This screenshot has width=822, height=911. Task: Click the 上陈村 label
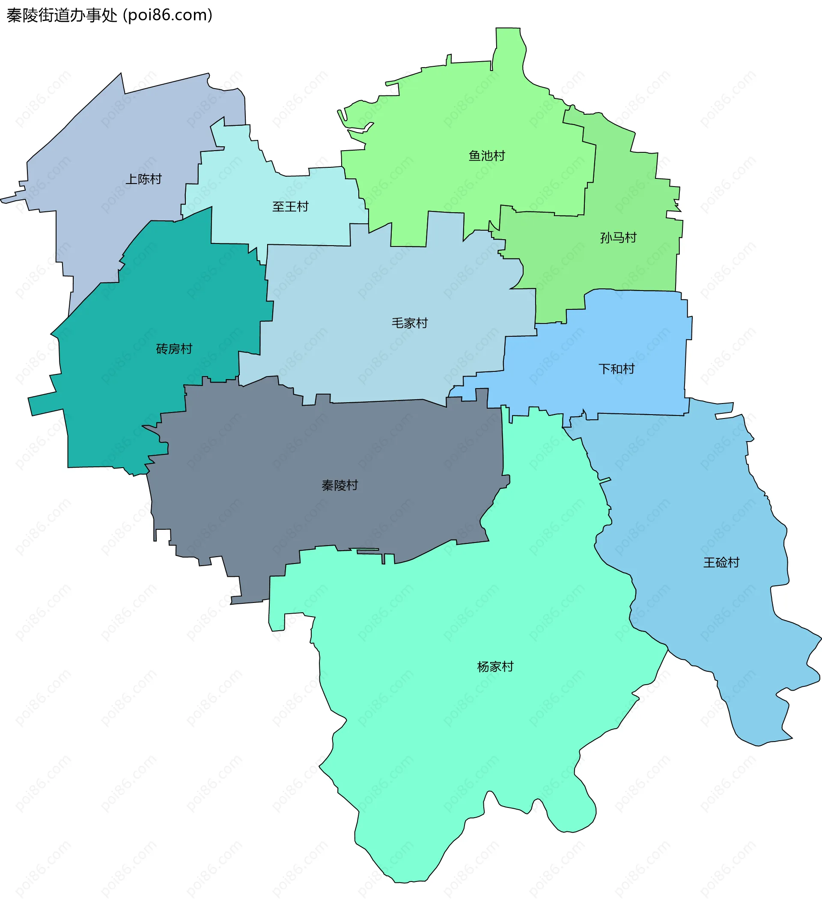pyautogui.click(x=143, y=179)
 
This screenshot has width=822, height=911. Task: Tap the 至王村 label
pyautogui.click(x=290, y=207)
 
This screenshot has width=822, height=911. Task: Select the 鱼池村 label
pyautogui.click(x=486, y=156)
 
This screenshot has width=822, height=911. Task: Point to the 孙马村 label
pyautogui.click(x=618, y=237)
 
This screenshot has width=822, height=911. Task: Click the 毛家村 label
pyautogui.click(x=409, y=323)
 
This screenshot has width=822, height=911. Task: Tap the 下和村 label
pyautogui.click(x=616, y=369)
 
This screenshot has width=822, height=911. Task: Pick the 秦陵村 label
pyautogui.click(x=340, y=485)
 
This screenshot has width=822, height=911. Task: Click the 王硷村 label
pyautogui.click(x=721, y=563)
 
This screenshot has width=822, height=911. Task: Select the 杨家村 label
pyautogui.click(x=495, y=667)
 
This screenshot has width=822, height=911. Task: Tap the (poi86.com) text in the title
pyautogui.click(x=167, y=15)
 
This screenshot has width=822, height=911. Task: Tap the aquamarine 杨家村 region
pyautogui.click(x=452, y=722)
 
